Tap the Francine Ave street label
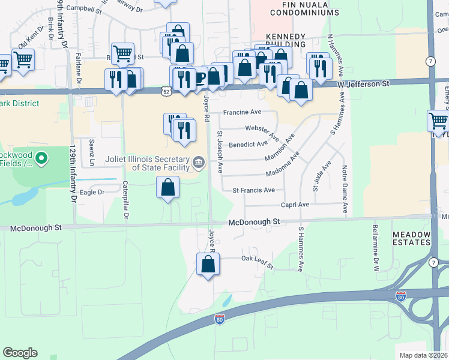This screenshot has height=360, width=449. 243,112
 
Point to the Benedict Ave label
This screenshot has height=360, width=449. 248,144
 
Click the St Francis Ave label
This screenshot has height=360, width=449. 253,190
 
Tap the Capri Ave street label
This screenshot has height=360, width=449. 295,205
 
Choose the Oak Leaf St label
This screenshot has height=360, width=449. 257,262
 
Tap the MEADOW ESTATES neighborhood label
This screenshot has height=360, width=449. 412,238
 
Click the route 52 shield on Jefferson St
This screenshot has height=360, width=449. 166,91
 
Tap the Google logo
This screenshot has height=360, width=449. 20,353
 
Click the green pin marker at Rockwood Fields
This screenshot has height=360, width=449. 41,159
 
